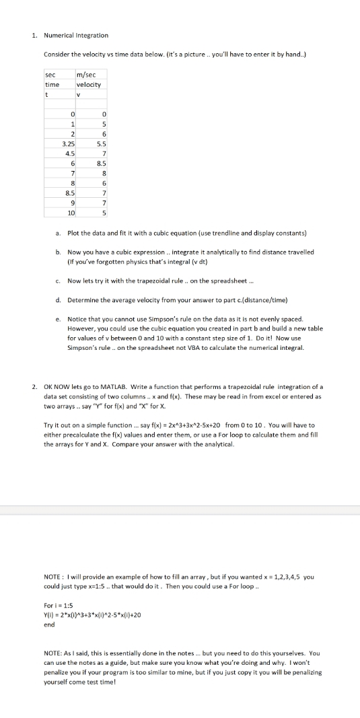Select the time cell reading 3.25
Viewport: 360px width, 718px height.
(68, 144)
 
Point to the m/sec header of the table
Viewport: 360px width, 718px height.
(86, 76)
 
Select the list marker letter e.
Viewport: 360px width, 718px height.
(59, 318)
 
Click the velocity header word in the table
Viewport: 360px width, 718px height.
(89, 85)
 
